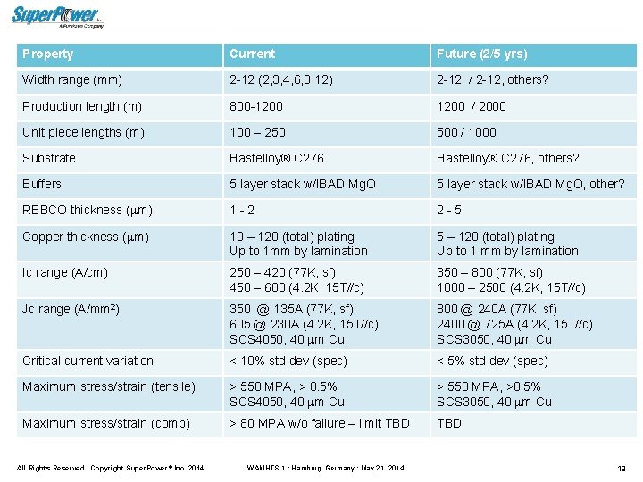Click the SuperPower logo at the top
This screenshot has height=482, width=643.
[x=58, y=15]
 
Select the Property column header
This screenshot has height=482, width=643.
[x=48, y=54]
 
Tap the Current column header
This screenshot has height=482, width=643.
[x=253, y=54]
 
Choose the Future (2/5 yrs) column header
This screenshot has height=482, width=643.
[x=481, y=54]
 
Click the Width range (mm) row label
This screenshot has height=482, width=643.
[x=72, y=80]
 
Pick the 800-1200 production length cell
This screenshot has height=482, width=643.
[x=255, y=106]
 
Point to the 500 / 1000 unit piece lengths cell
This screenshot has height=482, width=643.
[x=466, y=132]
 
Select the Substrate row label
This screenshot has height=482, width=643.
[x=49, y=158]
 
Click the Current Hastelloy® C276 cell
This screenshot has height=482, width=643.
[x=277, y=158]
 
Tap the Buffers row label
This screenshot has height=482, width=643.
[x=42, y=184]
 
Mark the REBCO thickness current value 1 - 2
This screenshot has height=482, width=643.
[x=242, y=210]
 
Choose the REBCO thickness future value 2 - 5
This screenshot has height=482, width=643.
[x=449, y=210]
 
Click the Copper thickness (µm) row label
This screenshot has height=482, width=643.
[x=85, y=237]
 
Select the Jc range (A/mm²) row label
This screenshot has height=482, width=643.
[x=71, y=309]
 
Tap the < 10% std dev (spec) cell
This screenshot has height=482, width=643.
[x=288, y=361]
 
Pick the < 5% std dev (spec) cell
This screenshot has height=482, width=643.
[x=492, y=361]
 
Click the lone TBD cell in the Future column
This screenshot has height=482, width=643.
[x=449, y=423]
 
